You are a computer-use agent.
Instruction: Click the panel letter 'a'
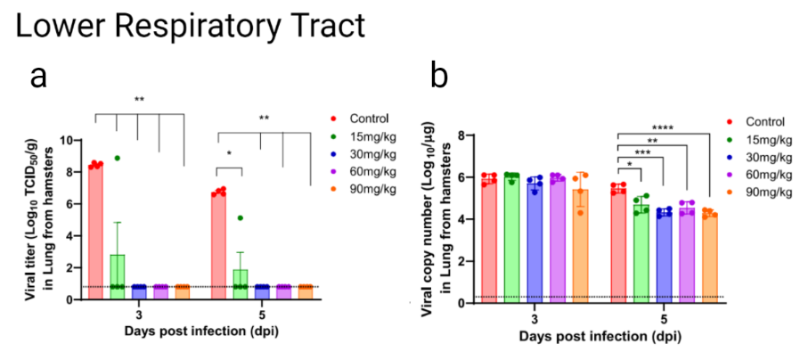click(x=38, y=78)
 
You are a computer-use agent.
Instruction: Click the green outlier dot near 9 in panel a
click(x=117, y=158)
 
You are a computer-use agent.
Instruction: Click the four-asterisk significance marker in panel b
click(x=663, y=127)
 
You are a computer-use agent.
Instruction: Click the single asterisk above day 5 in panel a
click(x=230, y=154)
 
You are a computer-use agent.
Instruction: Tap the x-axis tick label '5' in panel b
click(x=664, y=317)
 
